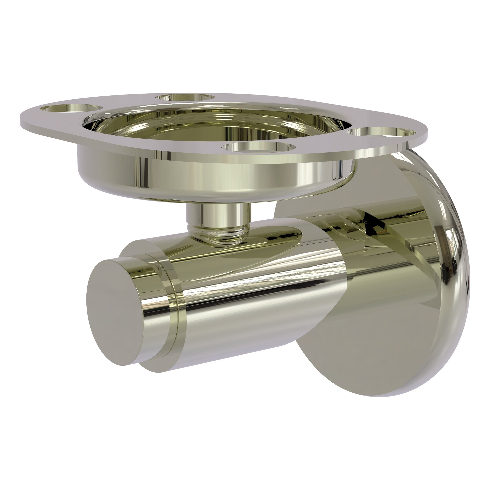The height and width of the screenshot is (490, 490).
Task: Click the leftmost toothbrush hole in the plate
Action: (71, 108)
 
